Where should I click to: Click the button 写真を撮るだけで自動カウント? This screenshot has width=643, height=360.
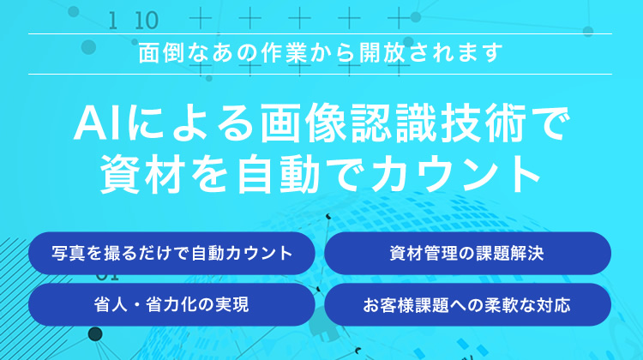(x=171, y=253)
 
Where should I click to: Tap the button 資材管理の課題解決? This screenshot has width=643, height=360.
(x=467, y=253)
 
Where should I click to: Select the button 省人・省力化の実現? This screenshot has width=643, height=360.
(x=171, y=304)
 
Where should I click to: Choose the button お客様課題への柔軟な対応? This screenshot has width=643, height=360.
(x=467, y=304)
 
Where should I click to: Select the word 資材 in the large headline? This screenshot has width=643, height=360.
(x=141, y=174)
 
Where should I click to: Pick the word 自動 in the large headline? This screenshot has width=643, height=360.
(x=279, y=174)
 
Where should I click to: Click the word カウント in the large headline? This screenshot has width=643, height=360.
(x=456, y=175)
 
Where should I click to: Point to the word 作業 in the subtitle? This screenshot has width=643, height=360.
(x=284, y=53)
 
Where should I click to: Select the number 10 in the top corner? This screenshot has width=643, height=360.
(x=147, y=21)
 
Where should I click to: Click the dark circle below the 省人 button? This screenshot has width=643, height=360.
(x=95, y=334)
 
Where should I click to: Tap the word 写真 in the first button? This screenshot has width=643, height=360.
(x=69, y=253)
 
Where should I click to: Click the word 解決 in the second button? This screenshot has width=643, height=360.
(x=527, y=253)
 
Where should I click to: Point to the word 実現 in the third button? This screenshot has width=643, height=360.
(x=232, y=304)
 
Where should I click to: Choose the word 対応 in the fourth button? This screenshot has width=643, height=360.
(x=554, y=305)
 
